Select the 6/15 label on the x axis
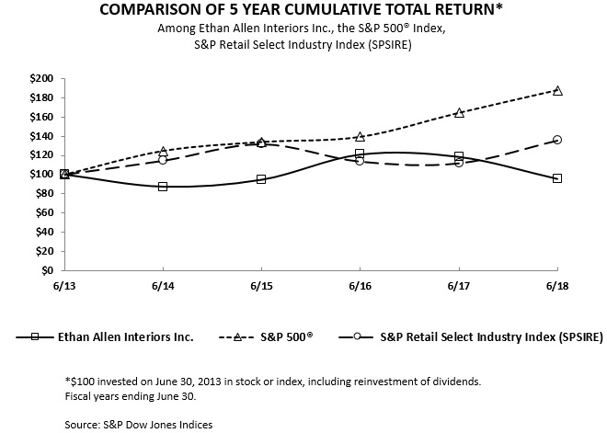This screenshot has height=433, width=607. [261, 287]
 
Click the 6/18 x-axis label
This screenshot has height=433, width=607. [556, 287]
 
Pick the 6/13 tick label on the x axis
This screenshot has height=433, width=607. [64, 287]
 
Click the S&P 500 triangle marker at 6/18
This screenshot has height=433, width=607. [557, 90]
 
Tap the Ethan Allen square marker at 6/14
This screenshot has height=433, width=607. [163, 187]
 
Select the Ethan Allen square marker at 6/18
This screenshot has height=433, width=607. [557, 178]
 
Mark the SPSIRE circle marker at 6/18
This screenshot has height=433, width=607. [557, 140]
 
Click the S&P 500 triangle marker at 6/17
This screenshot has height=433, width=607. [459, 112]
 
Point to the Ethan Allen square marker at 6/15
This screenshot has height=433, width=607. [261, 179]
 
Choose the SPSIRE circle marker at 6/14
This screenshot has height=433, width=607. [163, 160]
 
